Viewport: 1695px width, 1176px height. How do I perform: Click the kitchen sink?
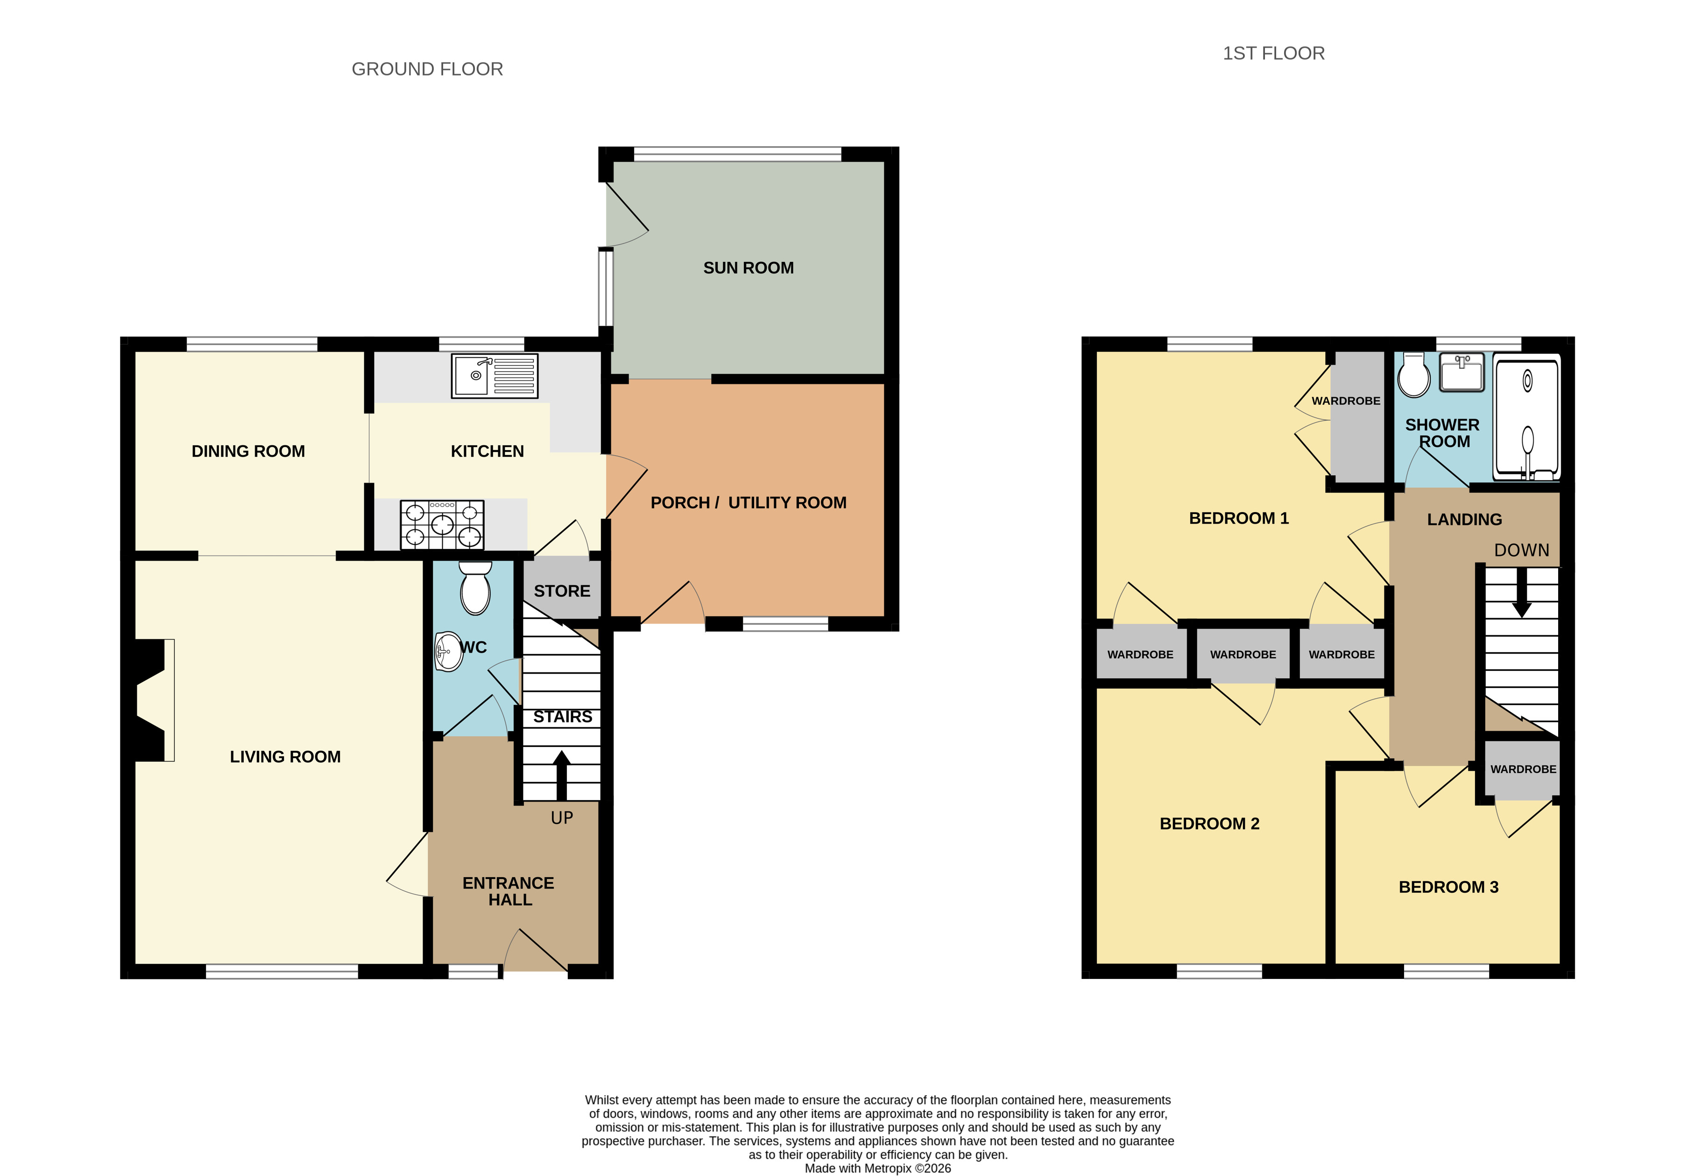(x=494, y=376)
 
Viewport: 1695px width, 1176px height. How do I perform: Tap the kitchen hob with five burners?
(x=441, y=525)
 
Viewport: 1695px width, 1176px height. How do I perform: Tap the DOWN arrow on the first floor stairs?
(x=1521, y=593)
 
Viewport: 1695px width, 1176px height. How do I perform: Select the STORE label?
(x=562, y=591)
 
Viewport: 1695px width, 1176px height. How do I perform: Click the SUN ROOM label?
(x=748, y=268)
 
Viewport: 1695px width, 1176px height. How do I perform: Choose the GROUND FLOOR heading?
(x=427, y=69)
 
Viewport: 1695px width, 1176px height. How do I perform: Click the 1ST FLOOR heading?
(x=1273, y=53)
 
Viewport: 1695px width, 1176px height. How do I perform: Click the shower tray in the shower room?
(x=1526, y=416)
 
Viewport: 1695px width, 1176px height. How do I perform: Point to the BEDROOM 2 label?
(x=1209, y=824)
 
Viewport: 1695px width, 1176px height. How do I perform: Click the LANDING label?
(x=1464, y=520)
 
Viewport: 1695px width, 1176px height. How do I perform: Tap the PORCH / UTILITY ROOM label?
(x=748, y=502)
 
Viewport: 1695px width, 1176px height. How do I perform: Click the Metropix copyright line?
(x=878, y=1168)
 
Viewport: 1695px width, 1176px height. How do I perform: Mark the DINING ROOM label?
(x=248, y=451)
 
